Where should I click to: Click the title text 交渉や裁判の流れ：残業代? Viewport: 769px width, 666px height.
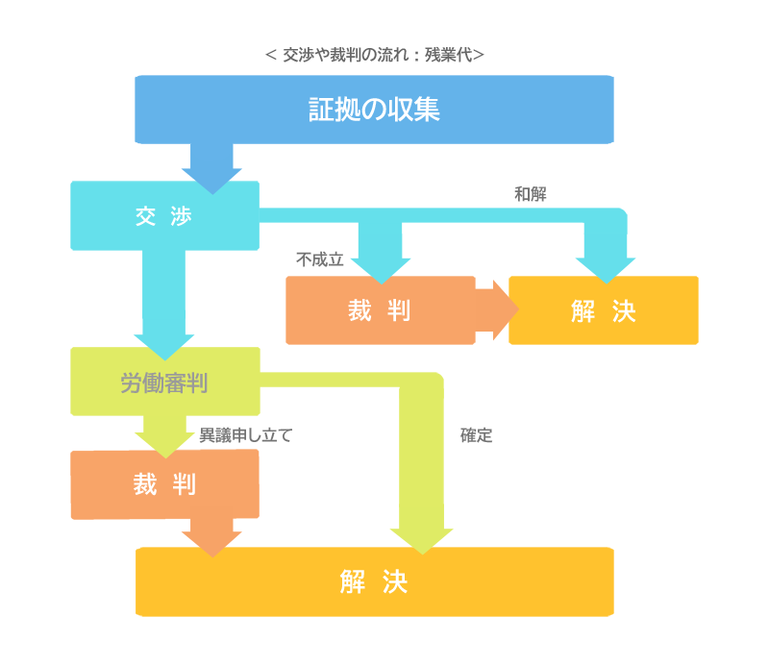[x=374, y=55]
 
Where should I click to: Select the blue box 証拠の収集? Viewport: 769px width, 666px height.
[x=374, y=110]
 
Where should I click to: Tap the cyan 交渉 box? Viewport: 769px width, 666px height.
[x=164, y=216]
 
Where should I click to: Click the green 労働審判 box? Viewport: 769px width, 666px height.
[x=165, y=382]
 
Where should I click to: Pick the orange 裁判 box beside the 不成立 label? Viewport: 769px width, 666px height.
[x=380, y=310]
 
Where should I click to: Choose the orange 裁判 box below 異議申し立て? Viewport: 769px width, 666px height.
[x=164, y=484]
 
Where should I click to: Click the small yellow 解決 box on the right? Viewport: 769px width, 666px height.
[x=604, y=310]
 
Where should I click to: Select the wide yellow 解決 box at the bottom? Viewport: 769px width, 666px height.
[x=375, y=581]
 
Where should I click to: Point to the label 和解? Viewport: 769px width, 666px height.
[x=531, y=194]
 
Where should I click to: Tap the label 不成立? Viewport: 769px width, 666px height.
[x=320, y=259]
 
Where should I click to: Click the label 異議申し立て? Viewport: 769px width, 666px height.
[x=246, y=435]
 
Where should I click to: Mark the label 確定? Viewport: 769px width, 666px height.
[x=476, y=435]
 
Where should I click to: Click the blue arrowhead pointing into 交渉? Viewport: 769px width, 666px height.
[x=211, y=181]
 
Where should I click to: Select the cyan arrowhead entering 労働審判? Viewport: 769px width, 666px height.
[x=164, y=347]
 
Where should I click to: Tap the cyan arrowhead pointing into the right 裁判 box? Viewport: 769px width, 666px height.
[x=381, y=271]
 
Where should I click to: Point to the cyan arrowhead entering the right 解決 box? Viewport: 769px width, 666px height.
[x=606, y=271]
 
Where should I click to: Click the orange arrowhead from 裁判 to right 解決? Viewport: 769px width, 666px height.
[x=507, y=310]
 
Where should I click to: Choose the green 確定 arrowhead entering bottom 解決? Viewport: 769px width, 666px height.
[x=422, y=542]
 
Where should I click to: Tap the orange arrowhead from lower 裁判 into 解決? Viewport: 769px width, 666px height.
[x=211, y=544]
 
